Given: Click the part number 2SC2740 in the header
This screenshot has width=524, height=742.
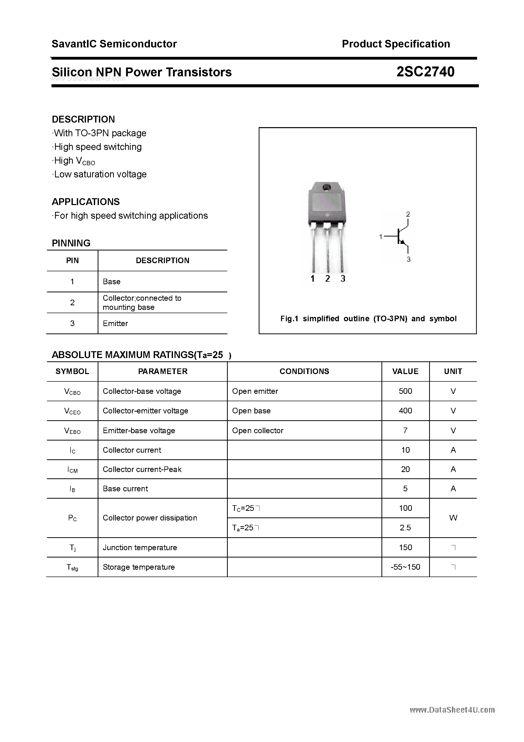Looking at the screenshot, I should pyautogui.click(x=425, y=72).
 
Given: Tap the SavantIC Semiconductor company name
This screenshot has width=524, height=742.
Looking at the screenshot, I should pyautogui.click(x=114, y=44).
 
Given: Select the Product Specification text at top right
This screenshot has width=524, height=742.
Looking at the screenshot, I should pyautogui.click(x=396, y=44).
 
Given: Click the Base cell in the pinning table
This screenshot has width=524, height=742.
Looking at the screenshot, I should pyautogui.click(x=111, y=281).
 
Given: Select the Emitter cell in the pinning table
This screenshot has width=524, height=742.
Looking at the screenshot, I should pyautogui.click(x=115, y=324).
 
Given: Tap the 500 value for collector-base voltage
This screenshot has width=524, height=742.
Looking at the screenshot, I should pyautogui.click(x=405, y=391).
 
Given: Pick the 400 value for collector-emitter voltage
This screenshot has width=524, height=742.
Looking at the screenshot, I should pyautogui.click(x=405, y=411).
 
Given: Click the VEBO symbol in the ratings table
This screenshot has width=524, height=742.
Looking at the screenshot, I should pyautogui.click(x=72, y=431).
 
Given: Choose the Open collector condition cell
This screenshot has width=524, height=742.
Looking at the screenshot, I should pyautogui.click(x=257, y=430).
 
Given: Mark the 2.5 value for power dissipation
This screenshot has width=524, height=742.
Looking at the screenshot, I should pyautogui.click(x=405, y=528).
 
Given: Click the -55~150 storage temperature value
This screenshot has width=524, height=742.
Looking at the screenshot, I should pyautogui.click(x=405, y=567).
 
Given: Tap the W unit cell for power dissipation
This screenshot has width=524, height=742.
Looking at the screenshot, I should pyautogui.click(x=453, y=518).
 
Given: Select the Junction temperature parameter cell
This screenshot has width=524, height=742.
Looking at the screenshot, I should pyautogui.click(x=139, y=547).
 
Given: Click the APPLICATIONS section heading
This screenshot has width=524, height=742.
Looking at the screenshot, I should pyautogui.click(x=86, y=202).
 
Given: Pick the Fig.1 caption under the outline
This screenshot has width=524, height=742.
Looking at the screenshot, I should pyautogui.click(x=368, y=319).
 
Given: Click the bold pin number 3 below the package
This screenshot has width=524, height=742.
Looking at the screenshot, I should pyautogui.click(x=343, y=279).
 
